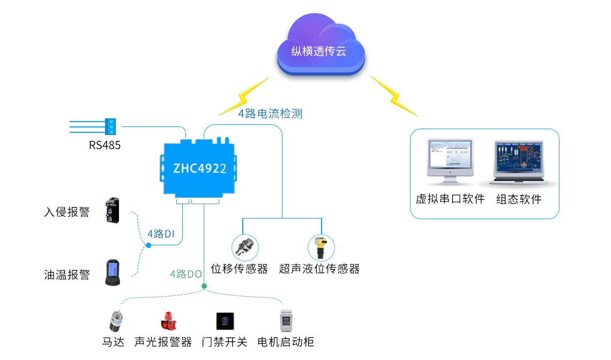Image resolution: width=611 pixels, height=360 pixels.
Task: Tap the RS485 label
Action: point(105,145)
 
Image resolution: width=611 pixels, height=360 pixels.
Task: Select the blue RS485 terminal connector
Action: point(111,126)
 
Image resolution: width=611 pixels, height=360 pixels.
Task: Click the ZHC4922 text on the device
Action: point(199,168)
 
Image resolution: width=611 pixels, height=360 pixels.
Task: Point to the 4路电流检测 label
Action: point(270,114)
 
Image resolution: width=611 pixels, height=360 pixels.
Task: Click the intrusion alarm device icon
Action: point(112,210)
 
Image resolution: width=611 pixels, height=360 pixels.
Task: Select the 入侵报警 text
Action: point(66,212)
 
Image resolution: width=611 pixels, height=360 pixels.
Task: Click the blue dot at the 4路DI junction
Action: point(148,245)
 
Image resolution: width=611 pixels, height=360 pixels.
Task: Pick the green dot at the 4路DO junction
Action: point(204,286)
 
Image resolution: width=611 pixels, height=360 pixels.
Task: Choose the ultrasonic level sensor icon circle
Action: point(321,247)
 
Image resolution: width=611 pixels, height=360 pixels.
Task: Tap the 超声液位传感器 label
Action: point(319,269)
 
